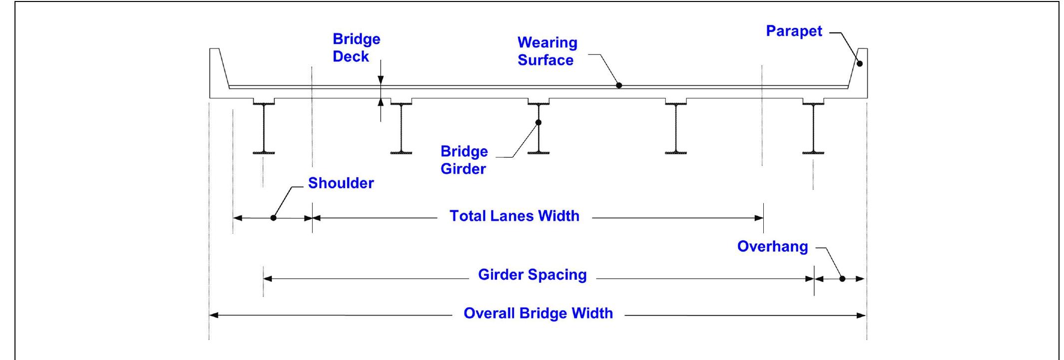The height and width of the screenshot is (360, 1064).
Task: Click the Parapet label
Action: [x=794, y=31]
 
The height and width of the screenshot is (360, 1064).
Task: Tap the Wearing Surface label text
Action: [x=547, y=51]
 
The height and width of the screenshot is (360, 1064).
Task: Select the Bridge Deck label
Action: [x=356, y=48]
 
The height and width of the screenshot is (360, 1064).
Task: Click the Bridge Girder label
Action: [x=464, y=160]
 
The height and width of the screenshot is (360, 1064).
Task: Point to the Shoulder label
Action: [x=341, y=183]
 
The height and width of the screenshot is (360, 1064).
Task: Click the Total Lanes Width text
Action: [x=515, y=216]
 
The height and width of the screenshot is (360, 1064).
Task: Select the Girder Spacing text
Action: [x=532, y=275]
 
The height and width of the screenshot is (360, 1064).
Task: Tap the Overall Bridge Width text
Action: [x=538, y=313]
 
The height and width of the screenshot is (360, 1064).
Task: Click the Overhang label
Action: [x=772, y=247]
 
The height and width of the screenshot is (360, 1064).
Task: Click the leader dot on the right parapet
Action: [x=860, y=63]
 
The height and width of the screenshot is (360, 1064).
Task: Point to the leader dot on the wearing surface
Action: [x=619, y=85]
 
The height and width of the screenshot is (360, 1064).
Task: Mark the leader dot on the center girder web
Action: [x=538, y=122]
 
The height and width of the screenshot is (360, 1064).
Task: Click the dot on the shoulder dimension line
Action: [x=273, y=218]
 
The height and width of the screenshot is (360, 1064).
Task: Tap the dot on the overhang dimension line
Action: [x=842, y=279]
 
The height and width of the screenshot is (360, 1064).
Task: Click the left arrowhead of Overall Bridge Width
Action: [x=213, y=315]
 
